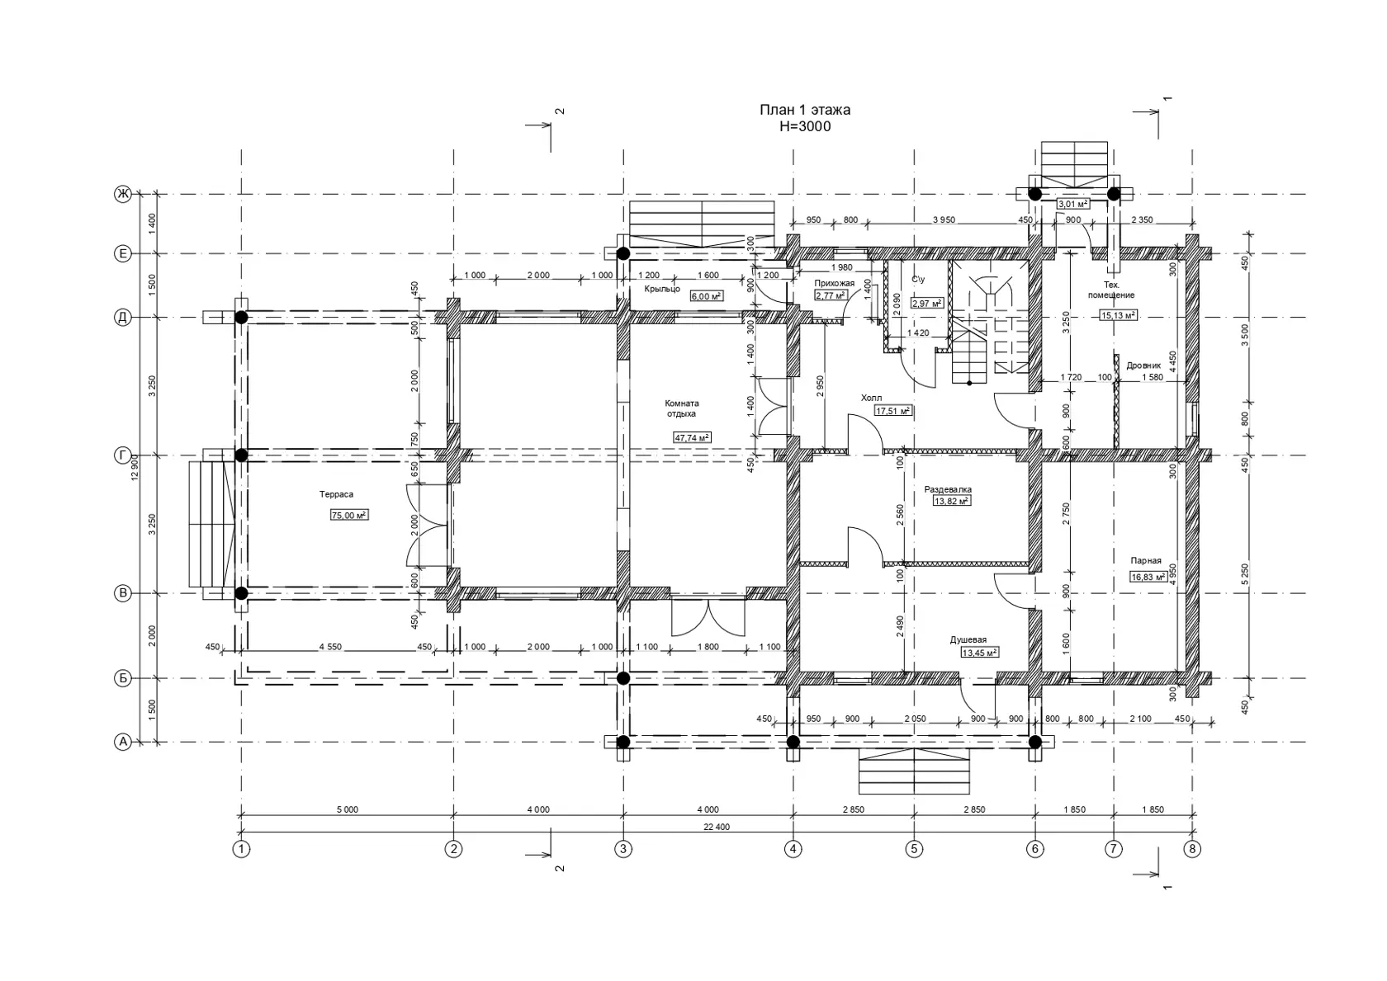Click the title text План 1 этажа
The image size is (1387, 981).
(805, 111)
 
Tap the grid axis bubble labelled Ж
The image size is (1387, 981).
(123, 195)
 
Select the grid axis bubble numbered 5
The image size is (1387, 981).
(915, 849)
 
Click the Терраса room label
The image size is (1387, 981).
(336, 494)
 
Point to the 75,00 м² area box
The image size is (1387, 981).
(349, 515)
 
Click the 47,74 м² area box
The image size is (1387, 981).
(692, 437)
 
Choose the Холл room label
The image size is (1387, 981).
(871, 398)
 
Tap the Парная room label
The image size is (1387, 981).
(1146, 561)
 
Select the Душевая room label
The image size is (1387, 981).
(968, 640)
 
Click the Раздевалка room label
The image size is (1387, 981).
(948, 489)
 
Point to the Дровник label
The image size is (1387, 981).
(1143, 366)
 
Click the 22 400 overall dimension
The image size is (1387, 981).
(717, 827)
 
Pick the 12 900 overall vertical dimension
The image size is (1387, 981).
(135, 467)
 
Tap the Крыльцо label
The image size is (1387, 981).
(662, 289)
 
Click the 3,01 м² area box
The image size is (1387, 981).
(1073, 204)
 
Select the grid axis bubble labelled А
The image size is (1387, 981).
(123, 742)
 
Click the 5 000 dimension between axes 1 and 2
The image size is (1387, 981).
(348, 809)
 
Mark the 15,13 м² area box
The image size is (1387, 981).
(1118, 316)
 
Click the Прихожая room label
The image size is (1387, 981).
(834, 284)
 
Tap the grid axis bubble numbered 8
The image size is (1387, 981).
(1192, 849)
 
